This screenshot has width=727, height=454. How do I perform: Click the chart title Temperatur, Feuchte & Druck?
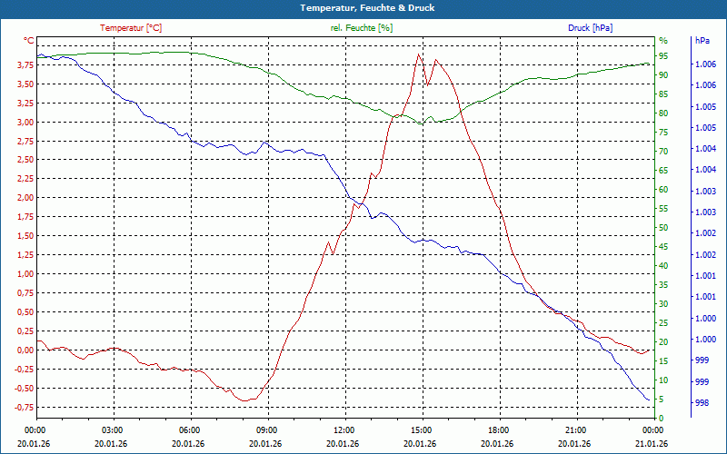coord(363,7)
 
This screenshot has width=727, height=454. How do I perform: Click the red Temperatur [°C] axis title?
coord(131,28)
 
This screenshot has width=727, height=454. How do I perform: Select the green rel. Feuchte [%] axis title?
coord(362,28)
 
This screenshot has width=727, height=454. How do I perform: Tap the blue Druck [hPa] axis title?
coord(590,28)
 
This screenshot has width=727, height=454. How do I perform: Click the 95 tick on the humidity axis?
coord(663,55)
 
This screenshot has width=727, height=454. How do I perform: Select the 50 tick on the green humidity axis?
coord(663,228)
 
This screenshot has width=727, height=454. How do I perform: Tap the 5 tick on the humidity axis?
coord(662,400)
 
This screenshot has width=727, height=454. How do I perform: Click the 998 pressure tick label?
coord(702,402)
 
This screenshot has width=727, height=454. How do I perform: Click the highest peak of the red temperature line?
coord(419,54)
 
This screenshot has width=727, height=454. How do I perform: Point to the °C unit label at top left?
coord(29,41)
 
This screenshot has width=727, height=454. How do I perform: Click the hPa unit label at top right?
coord(702,41)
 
